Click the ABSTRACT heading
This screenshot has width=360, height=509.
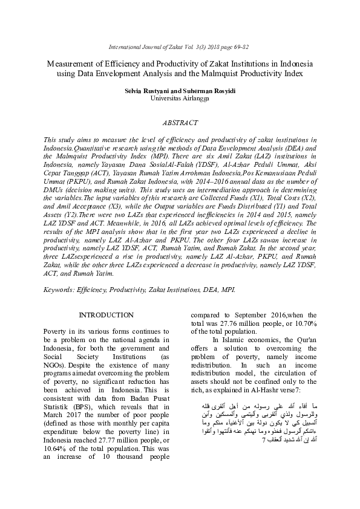(180, 123)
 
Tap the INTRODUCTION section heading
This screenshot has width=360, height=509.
(107, 315)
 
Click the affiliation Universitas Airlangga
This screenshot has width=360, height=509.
(180, 97)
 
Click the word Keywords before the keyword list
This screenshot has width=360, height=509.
(58, 290)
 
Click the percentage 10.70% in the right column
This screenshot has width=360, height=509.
(303, 323)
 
